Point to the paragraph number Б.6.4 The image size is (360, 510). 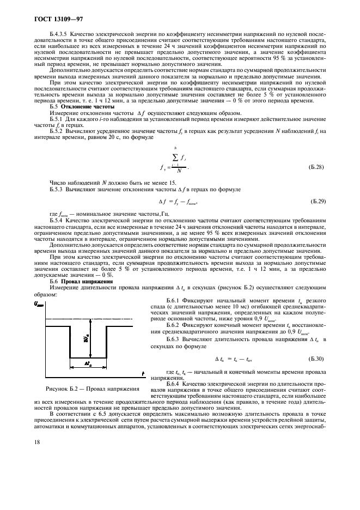click(x=175, y=383)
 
